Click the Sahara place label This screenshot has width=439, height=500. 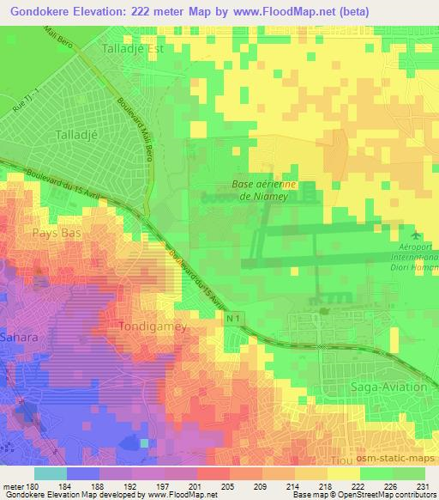[18, 338]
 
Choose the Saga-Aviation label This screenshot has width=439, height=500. [388, 387]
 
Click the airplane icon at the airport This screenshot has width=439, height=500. [417, 234]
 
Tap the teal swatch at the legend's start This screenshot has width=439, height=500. [51, 473]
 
